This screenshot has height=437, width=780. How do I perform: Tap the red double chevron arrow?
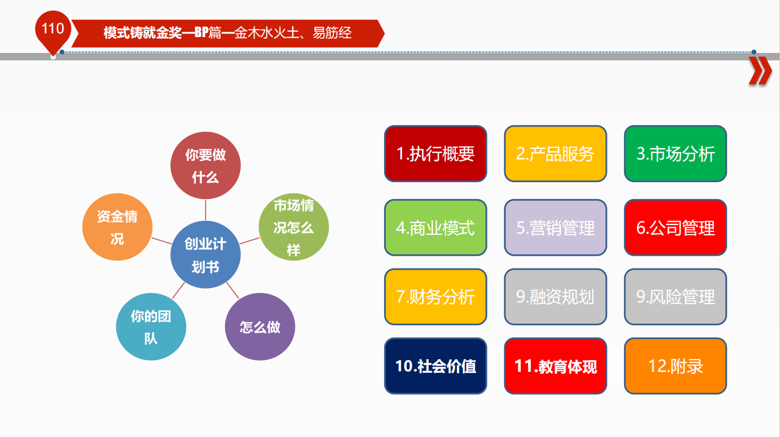[x=760, y=71]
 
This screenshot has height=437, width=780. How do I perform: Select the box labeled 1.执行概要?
[x=436, y=154]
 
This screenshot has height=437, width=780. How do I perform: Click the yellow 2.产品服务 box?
[x=556, y=154]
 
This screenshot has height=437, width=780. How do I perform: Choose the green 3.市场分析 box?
[x=676, y=154]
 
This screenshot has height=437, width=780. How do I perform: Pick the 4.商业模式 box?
[x=436, y=228]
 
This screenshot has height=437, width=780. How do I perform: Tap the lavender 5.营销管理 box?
[x=556, y=228]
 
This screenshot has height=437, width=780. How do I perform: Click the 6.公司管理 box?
[x=676, y=228]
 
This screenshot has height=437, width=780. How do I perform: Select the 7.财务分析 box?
[x=436, y=297]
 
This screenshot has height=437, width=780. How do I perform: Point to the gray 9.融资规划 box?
[x=556, y=297]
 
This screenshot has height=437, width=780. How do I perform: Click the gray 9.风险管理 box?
[x=676, y=297]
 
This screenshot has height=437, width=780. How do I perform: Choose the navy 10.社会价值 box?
[x=436, y=366]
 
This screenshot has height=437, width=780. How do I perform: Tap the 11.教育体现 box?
[x=556, y=366]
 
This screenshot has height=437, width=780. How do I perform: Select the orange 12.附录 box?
[x=676, y=366]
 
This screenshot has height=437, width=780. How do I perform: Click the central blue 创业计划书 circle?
[x=205, y=254]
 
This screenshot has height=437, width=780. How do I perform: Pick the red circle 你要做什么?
[x=205, y=165]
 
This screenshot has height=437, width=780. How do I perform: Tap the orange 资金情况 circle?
[x=117, y=227]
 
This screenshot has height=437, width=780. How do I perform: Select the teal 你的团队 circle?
[x=151, y=326]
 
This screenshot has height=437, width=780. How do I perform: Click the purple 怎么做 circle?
[x=260, y=326]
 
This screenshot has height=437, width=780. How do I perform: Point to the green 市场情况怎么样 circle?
[x=294, y=227]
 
